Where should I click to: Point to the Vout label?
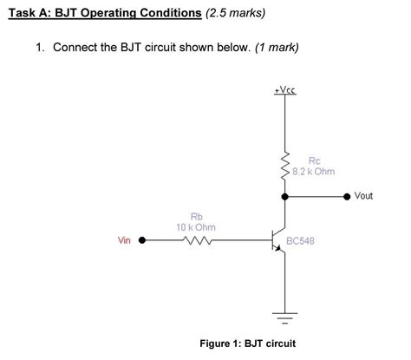point(364,196)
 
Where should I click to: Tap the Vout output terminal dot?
point(348,196)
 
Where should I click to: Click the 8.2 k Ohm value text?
point(314,172)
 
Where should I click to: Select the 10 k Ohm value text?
point(197,227)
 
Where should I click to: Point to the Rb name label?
point(197,217)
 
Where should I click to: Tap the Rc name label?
point(314,160)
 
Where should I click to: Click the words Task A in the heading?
point(29,14)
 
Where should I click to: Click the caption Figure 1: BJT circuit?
point(248,344)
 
